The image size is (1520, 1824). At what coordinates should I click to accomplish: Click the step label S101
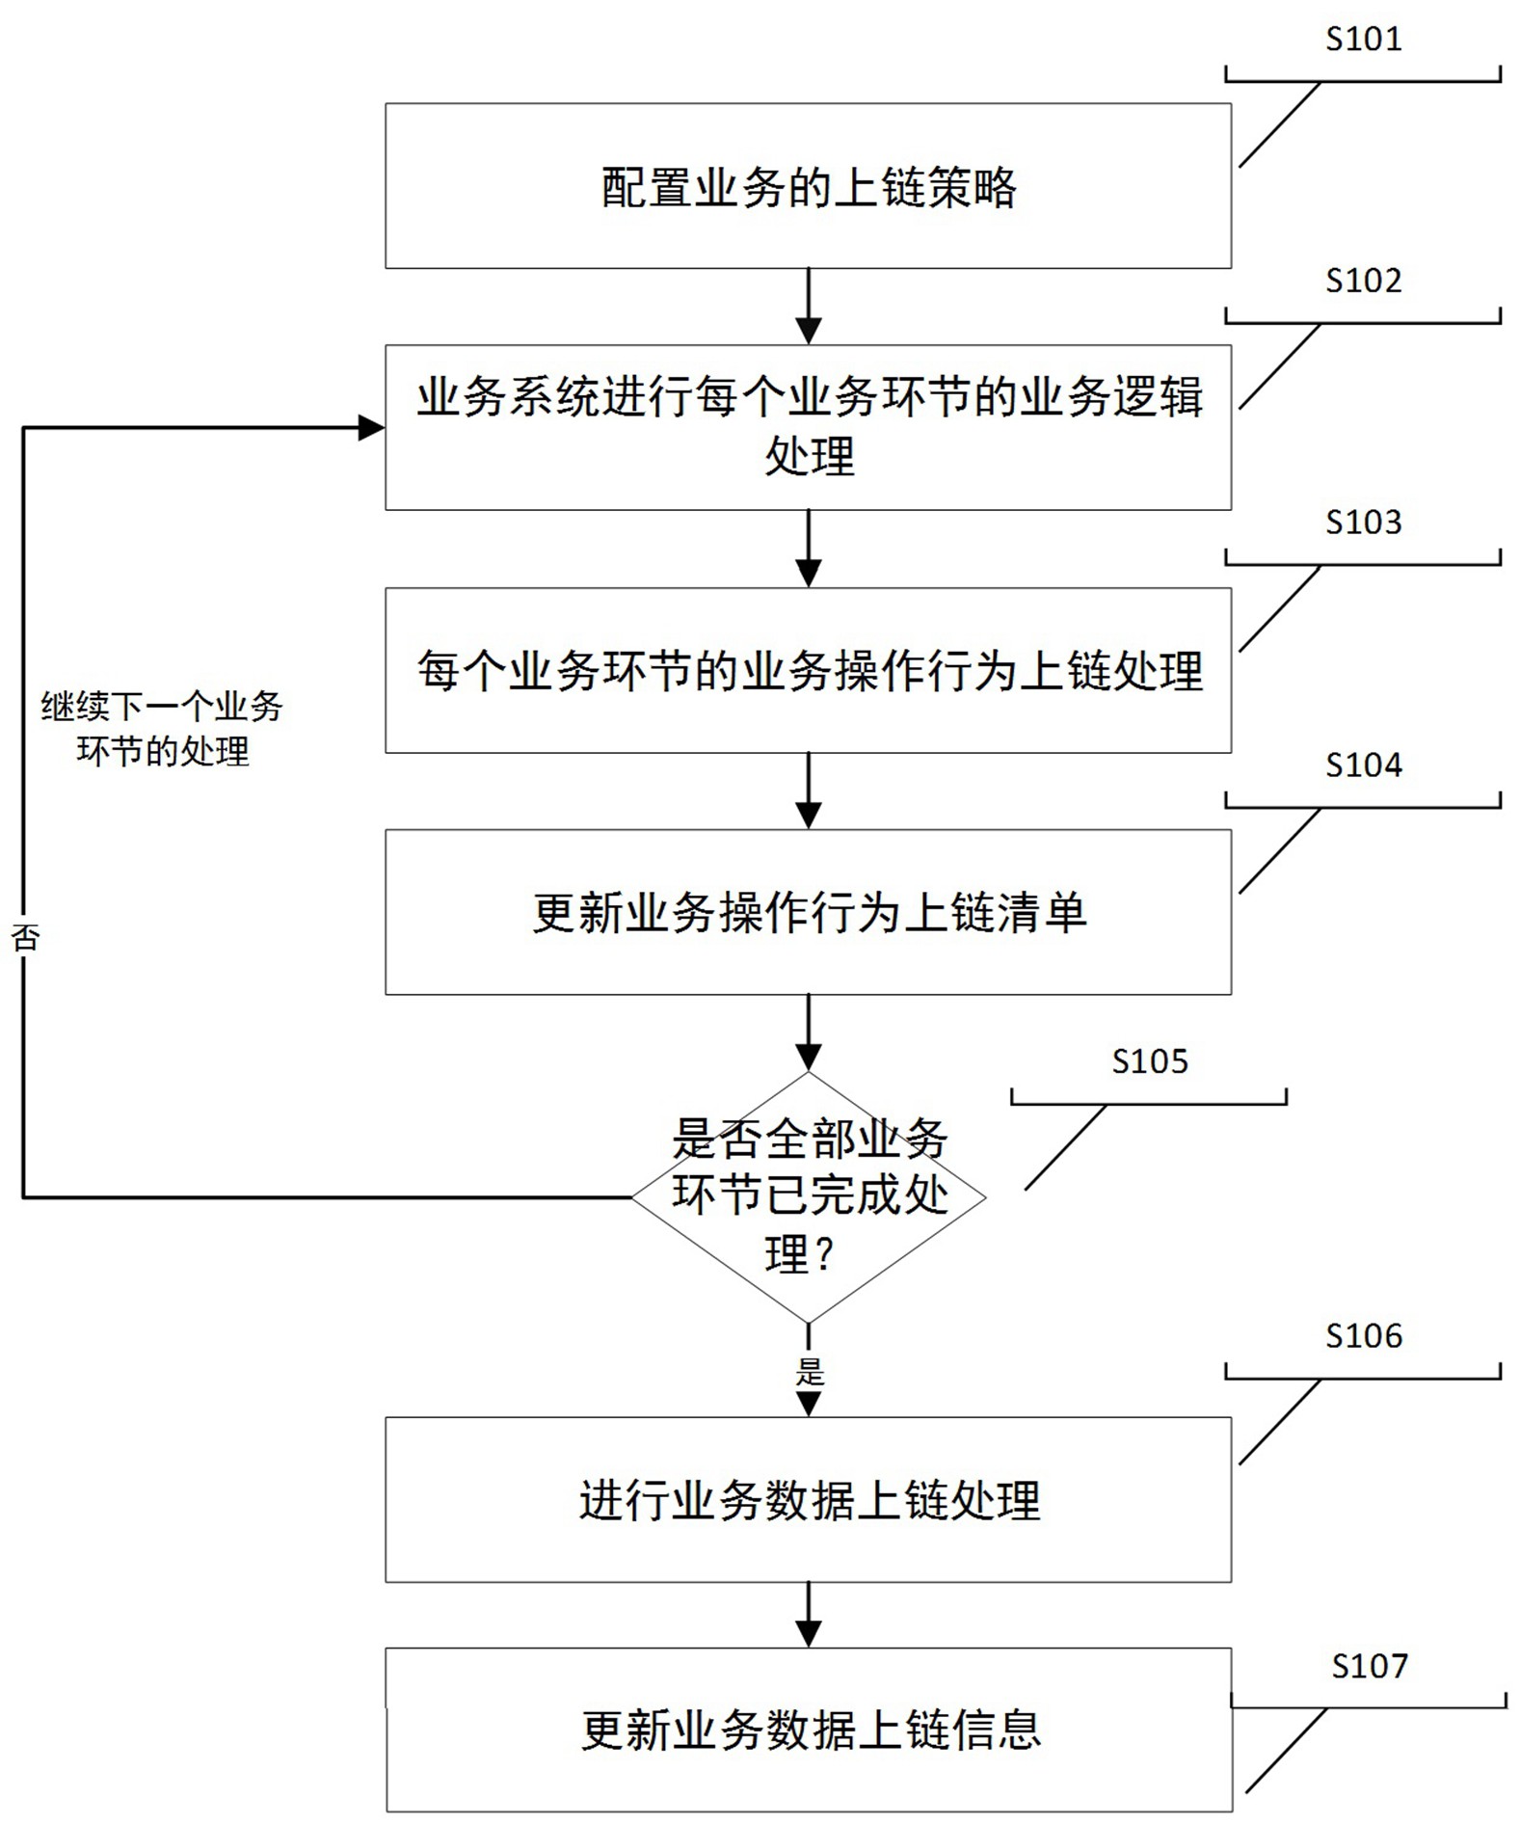(1363, 39)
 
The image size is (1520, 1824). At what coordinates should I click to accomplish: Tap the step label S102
(1363, 281)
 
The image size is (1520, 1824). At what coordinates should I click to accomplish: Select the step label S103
(1363, 523)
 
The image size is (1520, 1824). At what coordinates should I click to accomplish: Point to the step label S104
(1363, 765)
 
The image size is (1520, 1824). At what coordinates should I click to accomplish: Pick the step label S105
(1150, 1061)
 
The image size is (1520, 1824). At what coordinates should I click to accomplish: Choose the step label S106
(1363, 1336)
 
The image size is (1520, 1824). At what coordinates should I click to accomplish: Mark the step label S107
(1370, 1666)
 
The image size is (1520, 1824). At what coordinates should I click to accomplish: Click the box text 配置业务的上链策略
(809, 187)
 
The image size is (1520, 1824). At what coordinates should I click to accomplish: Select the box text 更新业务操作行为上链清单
(809, 912)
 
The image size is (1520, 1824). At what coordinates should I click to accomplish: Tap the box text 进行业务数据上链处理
(809, 1500)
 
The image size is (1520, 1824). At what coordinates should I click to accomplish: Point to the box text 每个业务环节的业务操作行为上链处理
(809, 671)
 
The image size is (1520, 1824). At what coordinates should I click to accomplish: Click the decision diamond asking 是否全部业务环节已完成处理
(809, 1197)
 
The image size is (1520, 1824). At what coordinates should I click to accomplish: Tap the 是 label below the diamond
(810, 1372)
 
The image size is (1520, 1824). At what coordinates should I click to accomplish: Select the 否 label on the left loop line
(25, 937)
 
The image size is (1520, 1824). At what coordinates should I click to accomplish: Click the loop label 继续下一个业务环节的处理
(162, 729)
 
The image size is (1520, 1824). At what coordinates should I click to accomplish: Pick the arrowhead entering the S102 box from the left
(371, 428)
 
